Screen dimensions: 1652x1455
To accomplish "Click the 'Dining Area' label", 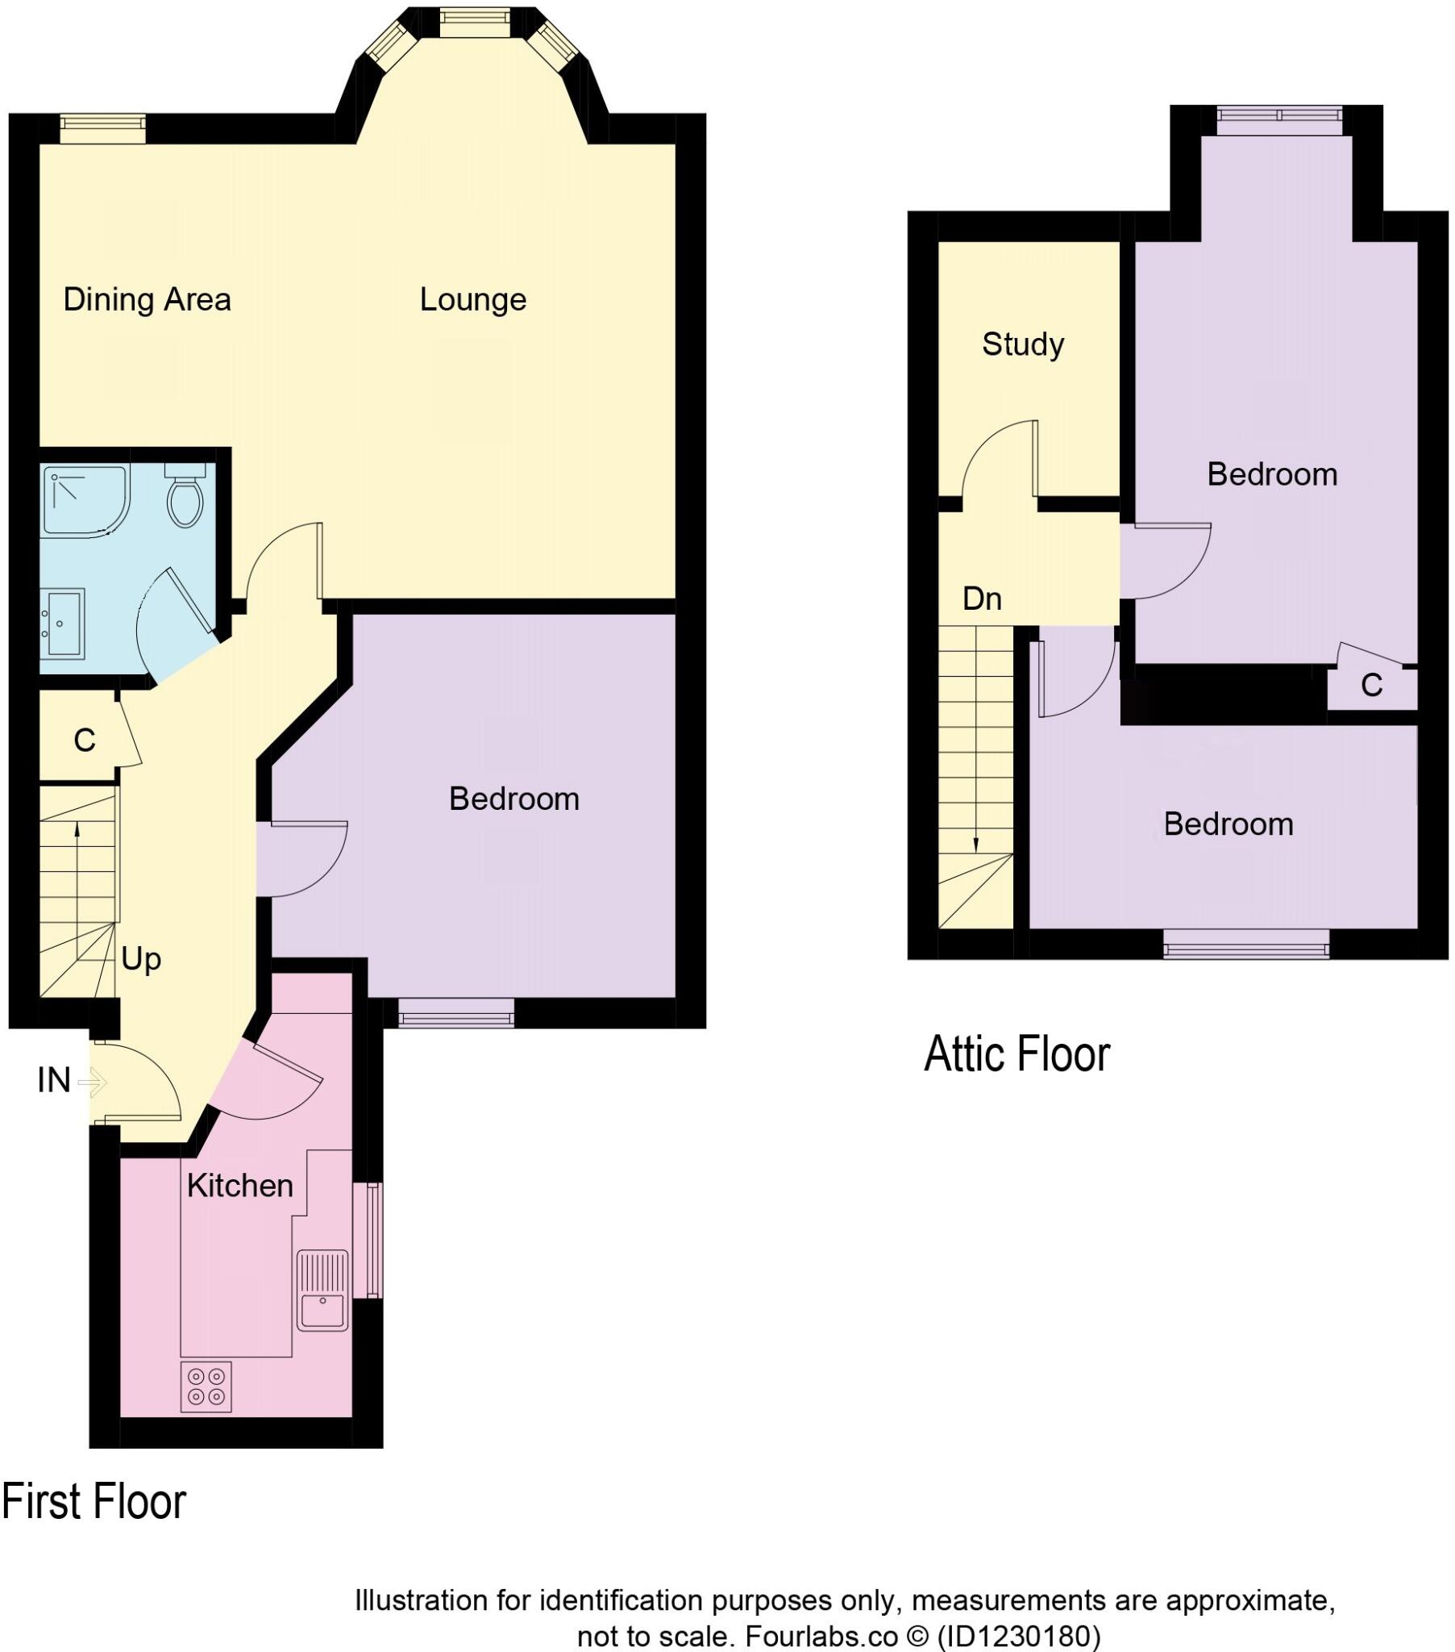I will coord(147,300).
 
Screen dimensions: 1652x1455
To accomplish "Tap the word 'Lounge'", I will coord(472,300).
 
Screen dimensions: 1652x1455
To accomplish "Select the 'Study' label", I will coord(1023,344).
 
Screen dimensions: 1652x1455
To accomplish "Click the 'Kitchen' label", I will coord(240,1186).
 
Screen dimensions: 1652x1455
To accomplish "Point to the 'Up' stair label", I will coord(141,959).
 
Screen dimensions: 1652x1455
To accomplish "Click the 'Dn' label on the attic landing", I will coord(982,599).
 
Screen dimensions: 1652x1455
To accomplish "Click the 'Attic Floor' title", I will coord(1016,1054).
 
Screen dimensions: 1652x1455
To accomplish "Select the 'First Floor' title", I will coord(94,1503).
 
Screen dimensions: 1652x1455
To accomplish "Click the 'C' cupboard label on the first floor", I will coord(84,740).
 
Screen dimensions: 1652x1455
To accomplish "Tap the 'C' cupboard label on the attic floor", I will coord(1371,686).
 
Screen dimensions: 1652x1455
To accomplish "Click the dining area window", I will coord(103,123).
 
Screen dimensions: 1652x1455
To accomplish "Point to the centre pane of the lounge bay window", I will coord(475,22).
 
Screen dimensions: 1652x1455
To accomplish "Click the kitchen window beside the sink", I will coord(372,1241).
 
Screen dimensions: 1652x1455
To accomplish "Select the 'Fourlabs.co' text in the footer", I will coord(820,1637).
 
